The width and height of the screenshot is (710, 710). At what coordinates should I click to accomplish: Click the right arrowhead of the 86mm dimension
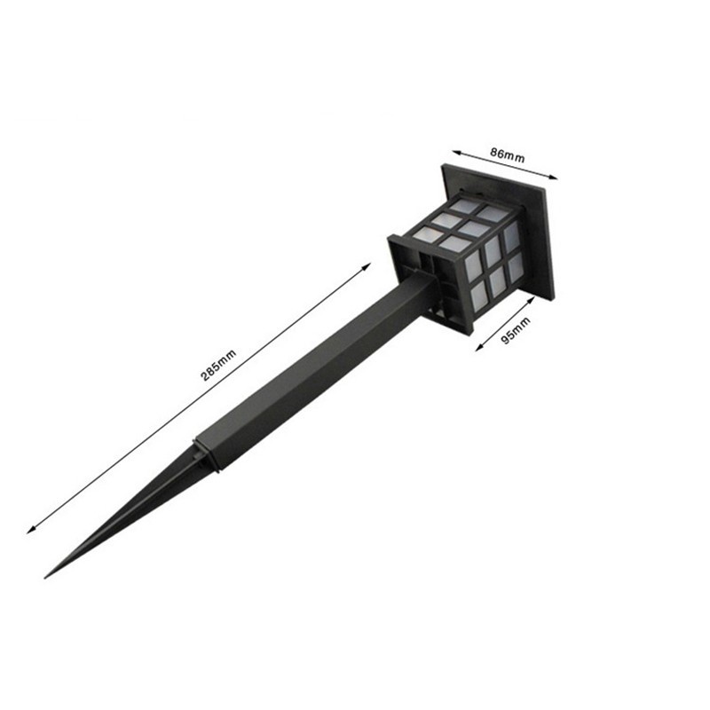pyautogui.click(x=556, y=177)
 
